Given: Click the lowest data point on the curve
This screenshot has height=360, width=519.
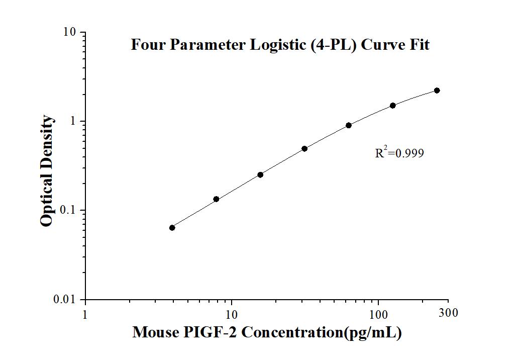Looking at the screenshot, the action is point(172,228).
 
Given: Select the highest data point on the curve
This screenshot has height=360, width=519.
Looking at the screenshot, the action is point(437,91).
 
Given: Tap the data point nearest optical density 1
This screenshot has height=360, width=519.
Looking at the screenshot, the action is point(349,125).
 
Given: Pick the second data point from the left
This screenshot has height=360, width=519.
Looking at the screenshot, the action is point(216,199).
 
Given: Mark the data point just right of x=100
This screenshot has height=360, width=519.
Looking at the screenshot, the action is point(393,106).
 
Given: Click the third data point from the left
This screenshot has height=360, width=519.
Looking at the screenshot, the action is point(260,174).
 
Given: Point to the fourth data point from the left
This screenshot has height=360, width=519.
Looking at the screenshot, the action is point(304,149).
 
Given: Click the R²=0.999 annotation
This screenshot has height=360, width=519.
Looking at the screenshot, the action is point(399,153).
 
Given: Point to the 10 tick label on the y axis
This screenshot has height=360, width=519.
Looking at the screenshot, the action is point(69,32).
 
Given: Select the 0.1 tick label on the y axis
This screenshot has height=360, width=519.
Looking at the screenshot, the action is point(67,210).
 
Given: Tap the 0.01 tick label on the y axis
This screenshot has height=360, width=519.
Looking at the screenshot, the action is point(65,299).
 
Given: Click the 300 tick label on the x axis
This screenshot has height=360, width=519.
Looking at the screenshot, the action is point(449,313).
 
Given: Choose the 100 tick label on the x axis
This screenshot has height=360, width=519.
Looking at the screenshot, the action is point(378,315).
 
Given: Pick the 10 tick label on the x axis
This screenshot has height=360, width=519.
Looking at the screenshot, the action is point(232,315).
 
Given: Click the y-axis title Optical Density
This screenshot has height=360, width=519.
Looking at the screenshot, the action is point(47,171).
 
